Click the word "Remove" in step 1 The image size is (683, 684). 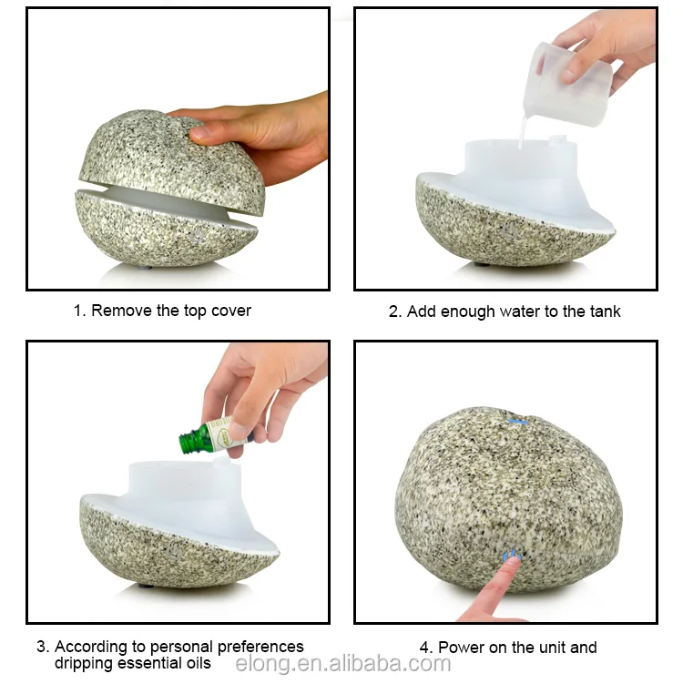[x=122, y=311]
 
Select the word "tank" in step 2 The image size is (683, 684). [x=603, y=311]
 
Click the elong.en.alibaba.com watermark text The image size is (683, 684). [x=342, y=665]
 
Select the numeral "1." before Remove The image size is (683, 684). [x=79, y=311]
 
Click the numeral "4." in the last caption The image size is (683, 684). [x=426, y=648]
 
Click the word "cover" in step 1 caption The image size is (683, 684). [x=231, y=311]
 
